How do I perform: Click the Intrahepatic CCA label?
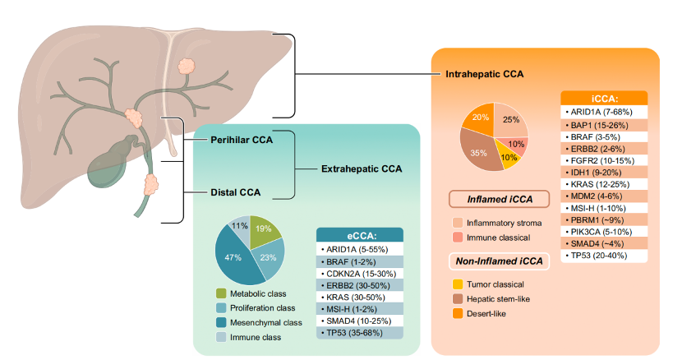(485, 73)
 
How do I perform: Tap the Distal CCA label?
(234, 193)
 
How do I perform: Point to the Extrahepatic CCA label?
(361, 168)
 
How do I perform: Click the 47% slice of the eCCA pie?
(234, 256)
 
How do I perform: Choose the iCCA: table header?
(604, 97)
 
